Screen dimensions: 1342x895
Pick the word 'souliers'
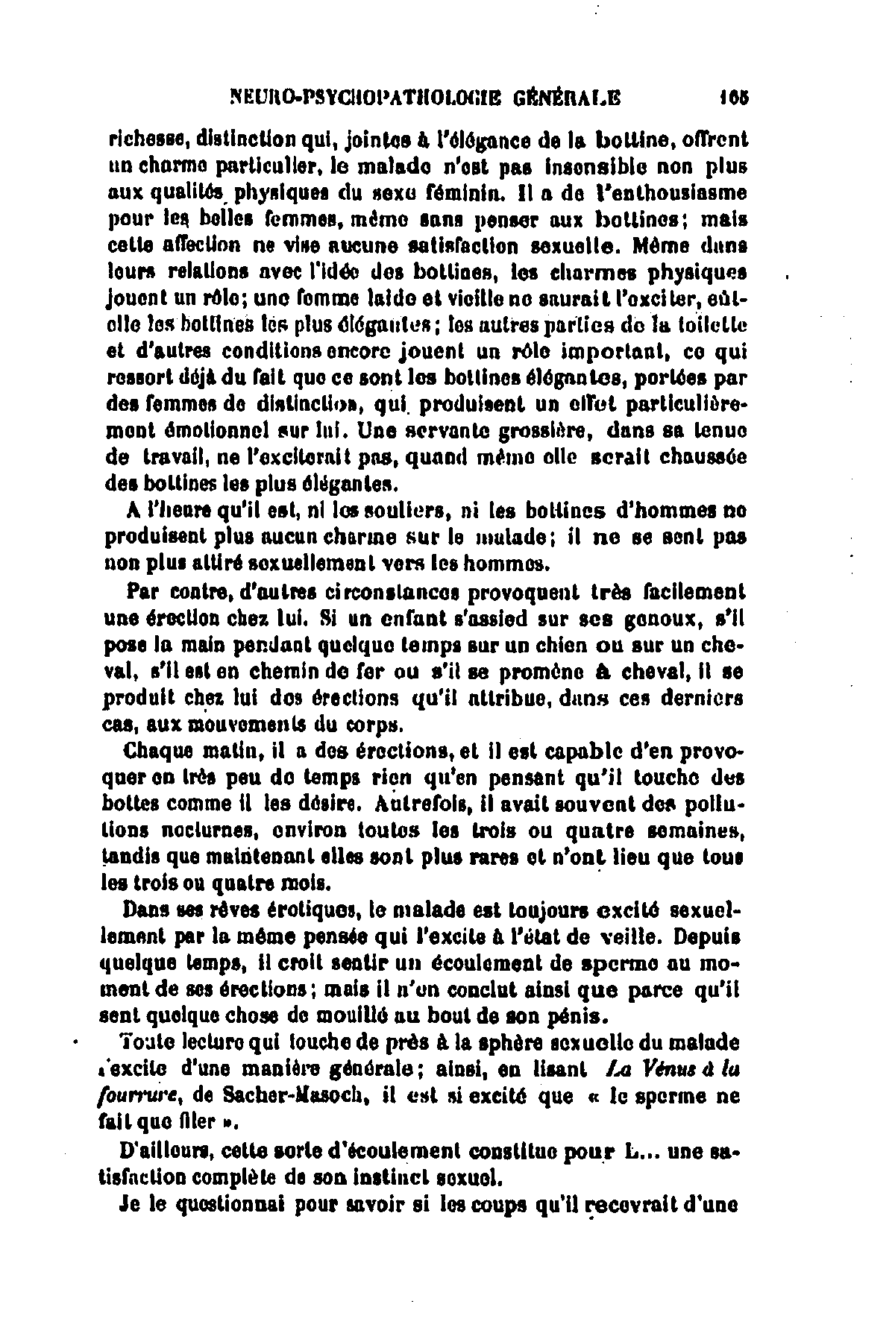pyautogui.click(x=401, y=511)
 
